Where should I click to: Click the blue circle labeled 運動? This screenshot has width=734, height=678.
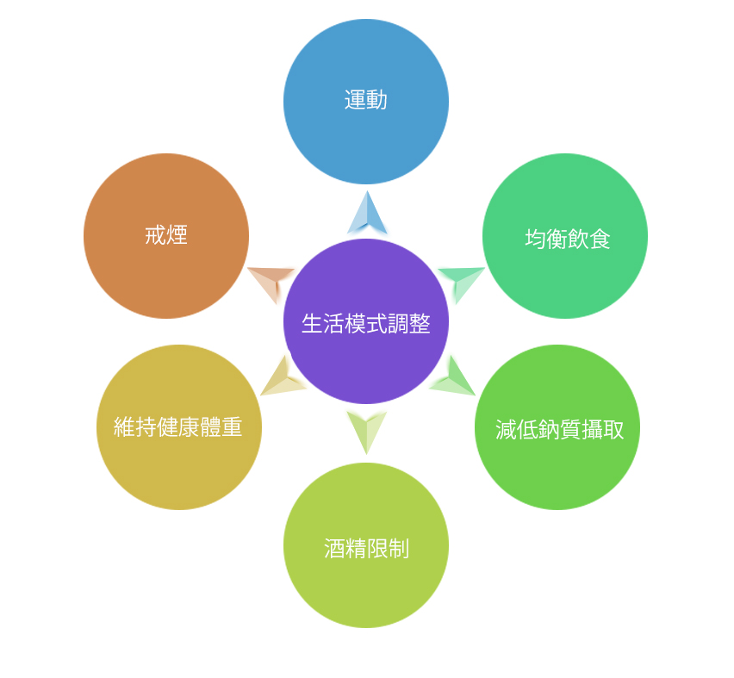coord(366,102)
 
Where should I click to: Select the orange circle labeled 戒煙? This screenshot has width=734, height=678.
coord(166,236)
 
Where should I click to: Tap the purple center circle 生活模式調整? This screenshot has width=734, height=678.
coord(366,321)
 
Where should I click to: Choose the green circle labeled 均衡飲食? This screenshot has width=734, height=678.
coord(565,236)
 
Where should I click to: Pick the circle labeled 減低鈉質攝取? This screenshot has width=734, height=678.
coord(557,427)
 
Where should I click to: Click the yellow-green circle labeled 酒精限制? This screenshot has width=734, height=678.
coord(366,545)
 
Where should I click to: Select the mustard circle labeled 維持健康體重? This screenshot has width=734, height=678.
coord(179,427)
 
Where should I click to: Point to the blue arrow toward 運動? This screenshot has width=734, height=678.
coord(367,214)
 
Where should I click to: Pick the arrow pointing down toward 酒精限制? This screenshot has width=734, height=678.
coord(366,431)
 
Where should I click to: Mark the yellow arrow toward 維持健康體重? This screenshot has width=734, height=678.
coord(281,378)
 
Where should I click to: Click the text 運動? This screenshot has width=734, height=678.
coord(365,100)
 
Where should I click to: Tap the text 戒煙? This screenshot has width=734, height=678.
coord(166,235)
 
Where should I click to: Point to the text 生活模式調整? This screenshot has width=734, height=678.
coord(365,324)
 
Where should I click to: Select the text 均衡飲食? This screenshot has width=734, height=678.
coord(568,239)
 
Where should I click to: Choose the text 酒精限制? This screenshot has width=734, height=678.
coord(366,548)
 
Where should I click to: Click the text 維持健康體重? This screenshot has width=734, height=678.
coord(177,427)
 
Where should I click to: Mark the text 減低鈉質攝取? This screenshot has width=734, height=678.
coord(559,430)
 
